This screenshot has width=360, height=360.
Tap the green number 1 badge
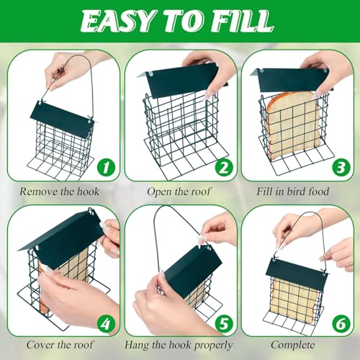coord(107,168)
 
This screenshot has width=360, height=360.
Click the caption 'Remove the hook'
coord(60,192)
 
